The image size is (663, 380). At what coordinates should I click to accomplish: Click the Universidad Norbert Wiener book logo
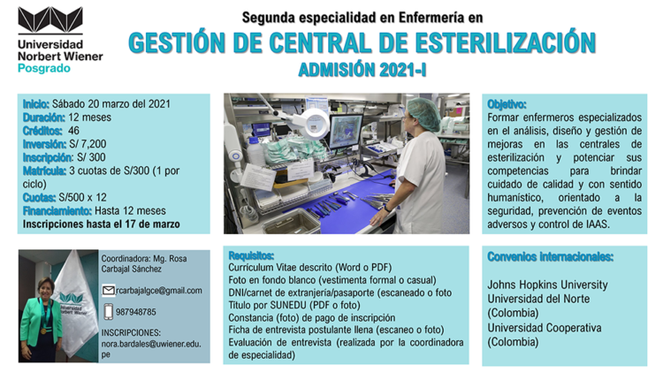(50, 20)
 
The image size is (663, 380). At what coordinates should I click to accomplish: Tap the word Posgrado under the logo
(44, 68)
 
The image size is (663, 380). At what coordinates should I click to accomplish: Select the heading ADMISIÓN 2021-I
(362, 70)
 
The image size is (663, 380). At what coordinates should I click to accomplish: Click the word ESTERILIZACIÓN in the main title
(506, 42)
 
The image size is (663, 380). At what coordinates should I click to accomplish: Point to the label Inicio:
(36, 104)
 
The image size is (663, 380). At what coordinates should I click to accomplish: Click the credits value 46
(73, 131)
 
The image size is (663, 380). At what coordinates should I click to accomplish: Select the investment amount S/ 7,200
(88, 144)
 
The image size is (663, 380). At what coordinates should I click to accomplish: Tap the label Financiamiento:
(57, 211)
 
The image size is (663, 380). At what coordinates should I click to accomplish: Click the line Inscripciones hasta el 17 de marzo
(102, 224)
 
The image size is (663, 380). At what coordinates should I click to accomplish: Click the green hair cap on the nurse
(424, 113)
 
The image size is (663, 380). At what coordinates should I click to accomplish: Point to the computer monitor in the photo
(346, 131)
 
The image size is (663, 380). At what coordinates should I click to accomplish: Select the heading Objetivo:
(507, 104)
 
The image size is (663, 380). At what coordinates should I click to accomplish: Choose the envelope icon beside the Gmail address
(108, 291)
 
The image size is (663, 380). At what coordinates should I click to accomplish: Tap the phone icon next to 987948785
(108, 312)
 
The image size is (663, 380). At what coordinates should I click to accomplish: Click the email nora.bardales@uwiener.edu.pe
(151, 349)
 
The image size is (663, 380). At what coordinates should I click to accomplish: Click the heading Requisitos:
(251, 255)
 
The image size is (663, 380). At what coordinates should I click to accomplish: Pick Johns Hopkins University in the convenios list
(547, 285)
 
